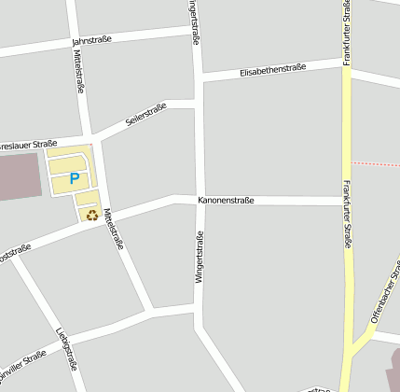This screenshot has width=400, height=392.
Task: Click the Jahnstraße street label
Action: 91,40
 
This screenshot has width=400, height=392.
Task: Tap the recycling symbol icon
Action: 92,215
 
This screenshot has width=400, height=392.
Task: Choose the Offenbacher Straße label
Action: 383,298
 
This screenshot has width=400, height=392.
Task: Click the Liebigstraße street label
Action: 65,346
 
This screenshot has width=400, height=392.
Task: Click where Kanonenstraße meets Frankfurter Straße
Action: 346,201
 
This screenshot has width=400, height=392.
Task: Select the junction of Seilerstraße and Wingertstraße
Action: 199,103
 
